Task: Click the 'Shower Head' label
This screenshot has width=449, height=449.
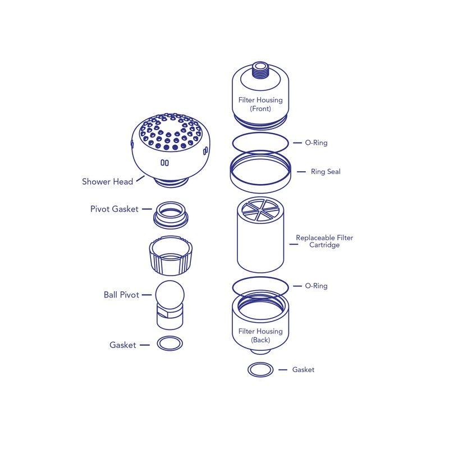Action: click(x=107, y=181)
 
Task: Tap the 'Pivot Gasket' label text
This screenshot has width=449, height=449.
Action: click(x=114, y=209)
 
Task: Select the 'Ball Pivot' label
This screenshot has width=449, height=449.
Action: click(x=121, y=295)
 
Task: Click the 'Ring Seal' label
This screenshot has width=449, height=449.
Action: click(x=326, y=171)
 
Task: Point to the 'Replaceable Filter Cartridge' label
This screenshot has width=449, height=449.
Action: click(x=324, y=241)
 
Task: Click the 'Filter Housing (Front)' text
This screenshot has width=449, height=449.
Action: click(x=260, y=104)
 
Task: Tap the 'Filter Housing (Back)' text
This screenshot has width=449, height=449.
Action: click(x=260, y=336)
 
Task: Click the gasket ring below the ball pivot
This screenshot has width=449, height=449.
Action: click(x=169, y=343)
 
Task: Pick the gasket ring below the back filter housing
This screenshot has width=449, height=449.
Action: click(x=260, y=369)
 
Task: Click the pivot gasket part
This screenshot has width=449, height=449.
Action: click(x=169, y=214)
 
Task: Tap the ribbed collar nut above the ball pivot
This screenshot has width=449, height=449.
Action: click(x=169, y=255)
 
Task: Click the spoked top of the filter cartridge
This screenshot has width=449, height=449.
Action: click(x=260, y=210)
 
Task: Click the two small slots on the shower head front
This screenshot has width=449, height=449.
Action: click(x=164, y=163)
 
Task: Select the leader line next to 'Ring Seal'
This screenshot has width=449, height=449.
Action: click(x=300, y=171)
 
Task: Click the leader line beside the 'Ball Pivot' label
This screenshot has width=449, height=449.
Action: click(x=146, y=295)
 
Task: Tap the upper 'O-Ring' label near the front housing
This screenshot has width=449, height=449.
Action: click(x=316, y=143)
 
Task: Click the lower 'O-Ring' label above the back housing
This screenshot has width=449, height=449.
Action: click(x=316, y=286)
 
